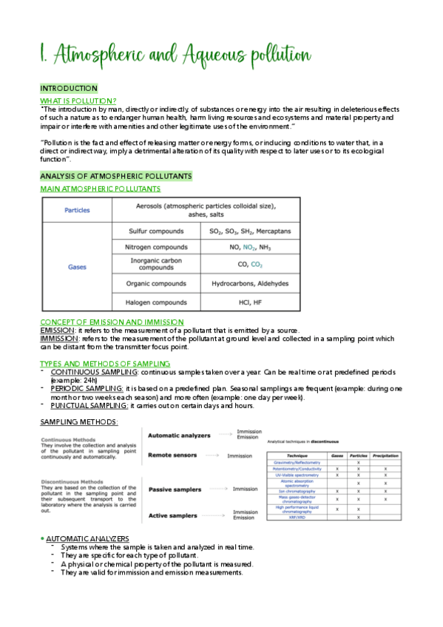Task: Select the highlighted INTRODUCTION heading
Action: pyautogui.click(x=68, y=89)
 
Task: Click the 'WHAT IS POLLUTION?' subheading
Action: pyautogui.click(x=78, y=101)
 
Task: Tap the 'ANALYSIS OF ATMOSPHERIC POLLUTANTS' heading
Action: pyautogui.click(x=115, y=176)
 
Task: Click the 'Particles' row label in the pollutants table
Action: pyautogui.click(x=77, y=210)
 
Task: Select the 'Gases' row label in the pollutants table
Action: pyautogui.click(x=77, y=266)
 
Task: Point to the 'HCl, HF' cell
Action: pyautogui.click(x=250, y=301)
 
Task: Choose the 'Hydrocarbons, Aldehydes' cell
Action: pyautogui.click(x=250, y=283)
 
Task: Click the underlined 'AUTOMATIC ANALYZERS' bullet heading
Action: pyautogui.click(x=87, y=538)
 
